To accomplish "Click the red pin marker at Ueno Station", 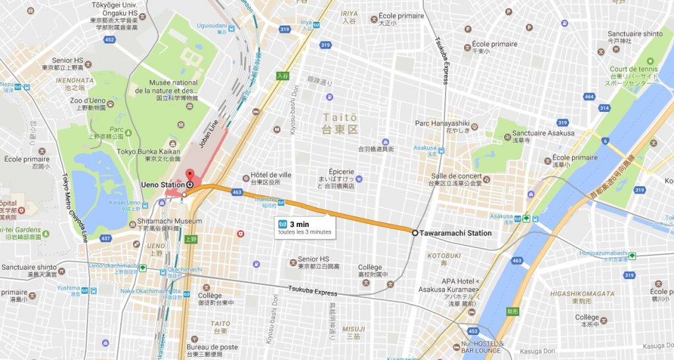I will (x=190, y=175).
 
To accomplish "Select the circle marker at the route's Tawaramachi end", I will (x=415, y=233).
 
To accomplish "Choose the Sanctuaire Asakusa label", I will (x=543, y=133).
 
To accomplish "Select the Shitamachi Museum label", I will (x=170, y=221).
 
